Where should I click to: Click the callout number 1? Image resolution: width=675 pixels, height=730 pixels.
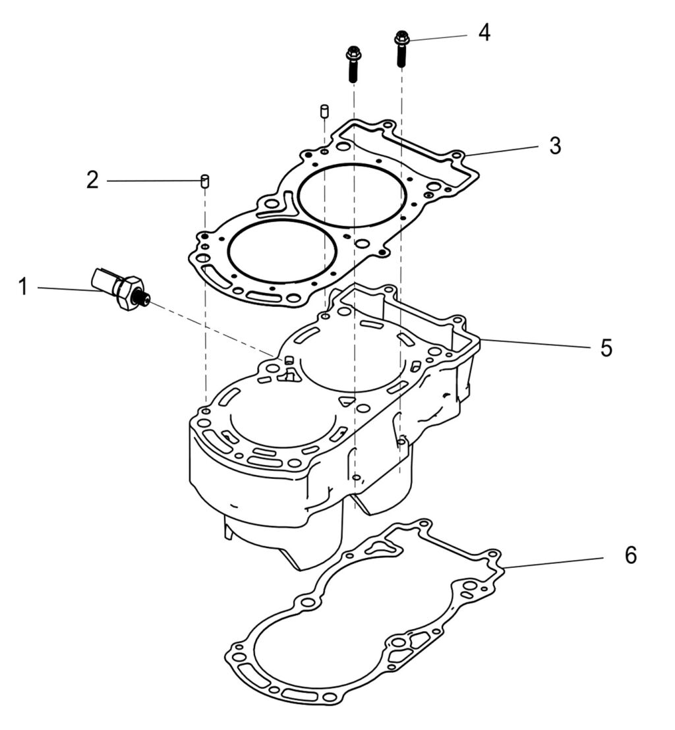(23, 287)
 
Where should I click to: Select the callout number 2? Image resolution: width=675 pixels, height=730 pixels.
(93, 180)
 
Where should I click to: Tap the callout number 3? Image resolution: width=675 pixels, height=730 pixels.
(555, 146)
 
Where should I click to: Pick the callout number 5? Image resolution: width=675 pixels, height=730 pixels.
(606, 347)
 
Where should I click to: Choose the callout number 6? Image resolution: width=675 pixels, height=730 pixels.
(630, 555)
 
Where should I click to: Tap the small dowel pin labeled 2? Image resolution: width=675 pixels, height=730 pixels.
(204, 180)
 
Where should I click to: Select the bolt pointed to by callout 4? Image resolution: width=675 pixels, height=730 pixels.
(401, 49)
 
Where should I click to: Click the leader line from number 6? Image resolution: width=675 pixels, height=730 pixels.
(554, 561)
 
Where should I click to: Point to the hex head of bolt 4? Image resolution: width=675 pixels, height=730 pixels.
(401, 38)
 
